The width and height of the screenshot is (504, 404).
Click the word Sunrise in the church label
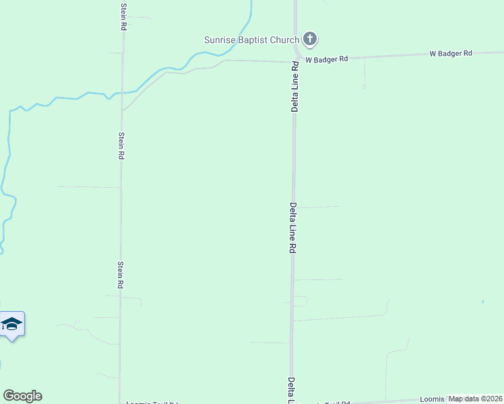pos(220,40)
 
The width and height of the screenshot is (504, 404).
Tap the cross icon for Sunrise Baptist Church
pos(310,39)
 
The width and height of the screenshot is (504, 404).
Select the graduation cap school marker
pos(11,325)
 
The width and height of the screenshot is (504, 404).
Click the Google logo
pos(22,396)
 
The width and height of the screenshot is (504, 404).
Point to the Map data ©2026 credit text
pos(476,399)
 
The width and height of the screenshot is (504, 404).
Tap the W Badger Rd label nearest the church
pos(326,59)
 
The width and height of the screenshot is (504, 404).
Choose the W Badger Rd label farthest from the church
pos(451,53)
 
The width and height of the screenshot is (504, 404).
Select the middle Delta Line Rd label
pos(294,228)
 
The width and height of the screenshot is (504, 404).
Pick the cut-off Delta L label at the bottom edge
pos(292,391)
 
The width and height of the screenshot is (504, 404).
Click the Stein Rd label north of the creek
pos(123,16)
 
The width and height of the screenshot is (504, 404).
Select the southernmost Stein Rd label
pos(121,275)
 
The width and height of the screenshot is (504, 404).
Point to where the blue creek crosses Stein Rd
pos(123,93)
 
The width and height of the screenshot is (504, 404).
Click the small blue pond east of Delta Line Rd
pos(483,300)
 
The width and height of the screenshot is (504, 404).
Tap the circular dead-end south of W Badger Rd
pos(364,87)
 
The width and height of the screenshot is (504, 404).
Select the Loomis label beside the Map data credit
pos(433,399)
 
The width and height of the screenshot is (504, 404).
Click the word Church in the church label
pos(284,40)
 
